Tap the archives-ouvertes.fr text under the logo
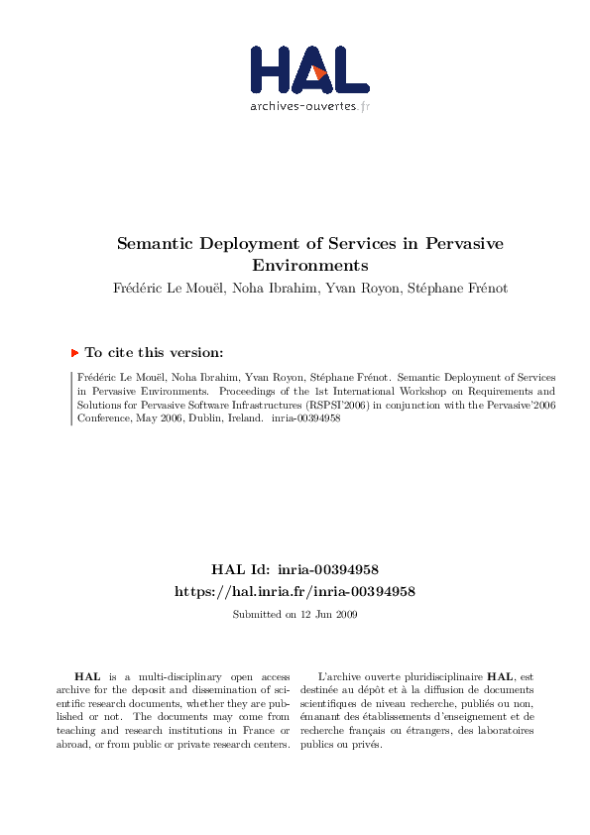[309, 105]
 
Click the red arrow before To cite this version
[74, 352]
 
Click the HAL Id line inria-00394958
[295, 570]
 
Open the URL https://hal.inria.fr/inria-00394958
[295, 591]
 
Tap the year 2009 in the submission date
[345, 615]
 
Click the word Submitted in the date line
[254, 615]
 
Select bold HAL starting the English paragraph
[89, 675]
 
